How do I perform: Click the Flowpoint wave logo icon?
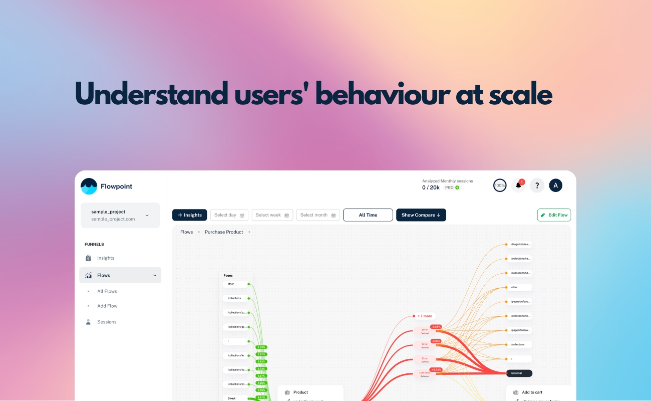point(89,186)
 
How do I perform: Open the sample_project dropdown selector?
point(120,215)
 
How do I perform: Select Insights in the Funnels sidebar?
point(106,258)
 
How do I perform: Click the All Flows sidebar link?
point(107,291)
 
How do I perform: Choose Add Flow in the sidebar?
point(107,306)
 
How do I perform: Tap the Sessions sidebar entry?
point(107,322)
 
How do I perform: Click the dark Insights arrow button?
point(190,215)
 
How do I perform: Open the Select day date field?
point(229,215)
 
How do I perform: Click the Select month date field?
point(318,215)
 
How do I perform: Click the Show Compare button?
point(421,215)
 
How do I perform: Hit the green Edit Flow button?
point(554,215)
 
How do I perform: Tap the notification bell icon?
point(518,185)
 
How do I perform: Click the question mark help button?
point(537,185)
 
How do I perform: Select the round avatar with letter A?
point(555,185)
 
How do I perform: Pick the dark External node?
point(519,373)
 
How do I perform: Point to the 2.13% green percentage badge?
point(261,347)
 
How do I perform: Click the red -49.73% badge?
point(436,369)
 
